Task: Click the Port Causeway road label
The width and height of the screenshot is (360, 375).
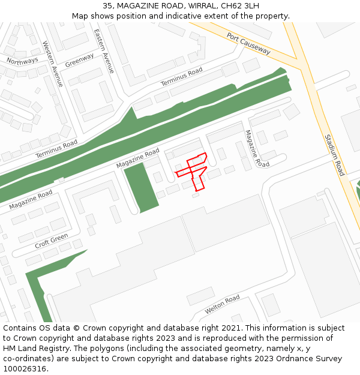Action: pos(249,44)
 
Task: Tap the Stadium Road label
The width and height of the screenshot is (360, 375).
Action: pos(334,155)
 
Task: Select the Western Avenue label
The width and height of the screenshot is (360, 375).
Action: pos(53,64)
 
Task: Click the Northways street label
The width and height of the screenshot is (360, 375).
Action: pos(22,60)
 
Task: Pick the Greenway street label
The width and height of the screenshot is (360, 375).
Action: pos(79,60)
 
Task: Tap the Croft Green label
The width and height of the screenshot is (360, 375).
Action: pos(52,241)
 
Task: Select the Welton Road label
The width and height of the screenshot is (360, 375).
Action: pos(222,304)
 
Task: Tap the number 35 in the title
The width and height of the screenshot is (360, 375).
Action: pos(107,5)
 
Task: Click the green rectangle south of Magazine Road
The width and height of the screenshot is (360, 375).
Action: pos(141,187)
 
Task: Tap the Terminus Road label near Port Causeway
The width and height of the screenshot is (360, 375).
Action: pos(181,77)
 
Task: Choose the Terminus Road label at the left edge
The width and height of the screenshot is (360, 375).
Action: pos(56,149)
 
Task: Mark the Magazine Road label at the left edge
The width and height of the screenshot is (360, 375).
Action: pos(31,199)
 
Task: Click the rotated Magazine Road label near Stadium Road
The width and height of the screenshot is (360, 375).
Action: pos(257,148)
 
